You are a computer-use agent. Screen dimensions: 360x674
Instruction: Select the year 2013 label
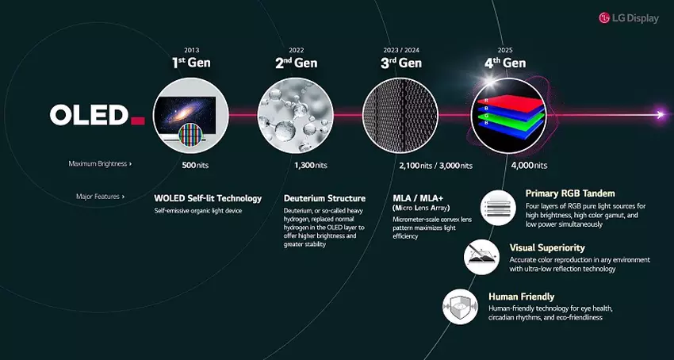[x=191, y=50]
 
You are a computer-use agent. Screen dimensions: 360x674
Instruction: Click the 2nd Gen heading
[x=296, y=63]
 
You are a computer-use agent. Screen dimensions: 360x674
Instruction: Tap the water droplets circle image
[x=295, y=114]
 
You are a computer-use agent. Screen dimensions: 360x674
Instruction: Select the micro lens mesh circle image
[x=399, y=114]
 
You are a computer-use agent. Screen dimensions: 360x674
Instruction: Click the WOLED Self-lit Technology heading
[x=208, y=197]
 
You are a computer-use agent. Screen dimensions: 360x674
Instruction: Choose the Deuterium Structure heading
[x=324, y=197]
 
